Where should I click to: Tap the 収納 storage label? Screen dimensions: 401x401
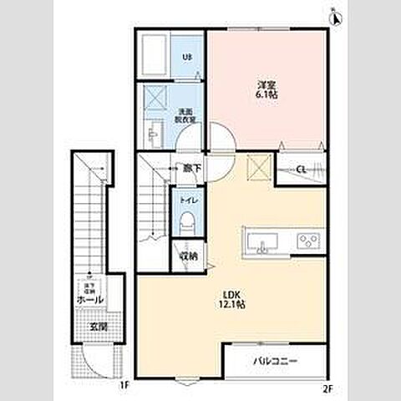tap(188, 256)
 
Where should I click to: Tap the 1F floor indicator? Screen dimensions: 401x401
tap(124, 386)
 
